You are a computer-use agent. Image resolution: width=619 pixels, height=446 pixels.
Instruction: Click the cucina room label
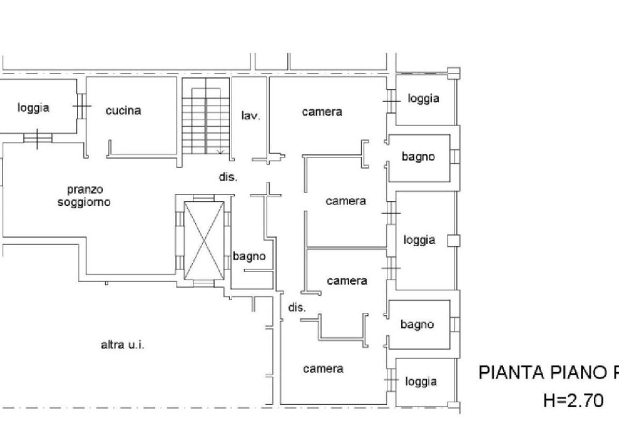tap(123, 110)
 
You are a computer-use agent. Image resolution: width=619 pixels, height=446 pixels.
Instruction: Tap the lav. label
tap(251, 116)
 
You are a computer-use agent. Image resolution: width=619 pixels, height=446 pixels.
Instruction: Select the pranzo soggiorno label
tap(84, 196)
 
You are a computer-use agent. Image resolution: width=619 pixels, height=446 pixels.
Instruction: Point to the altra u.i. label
tap(122, 345)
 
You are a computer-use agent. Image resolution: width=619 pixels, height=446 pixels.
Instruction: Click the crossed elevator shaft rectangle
tap(204, 241)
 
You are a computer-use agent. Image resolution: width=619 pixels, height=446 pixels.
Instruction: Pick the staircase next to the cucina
tap(206, 116)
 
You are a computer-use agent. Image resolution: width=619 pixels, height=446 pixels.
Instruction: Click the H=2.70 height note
tap(574, 401)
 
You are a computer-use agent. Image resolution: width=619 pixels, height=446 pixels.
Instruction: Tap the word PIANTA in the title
tap(511, 373)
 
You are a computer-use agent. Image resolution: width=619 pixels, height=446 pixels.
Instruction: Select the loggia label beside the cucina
tap(34, 108)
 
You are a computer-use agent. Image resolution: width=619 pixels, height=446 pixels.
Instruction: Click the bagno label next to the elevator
tap(249, 257)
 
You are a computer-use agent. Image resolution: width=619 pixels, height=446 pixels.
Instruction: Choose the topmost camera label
tap(322, 111)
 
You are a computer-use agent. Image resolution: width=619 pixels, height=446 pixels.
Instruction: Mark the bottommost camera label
tap(323, 369)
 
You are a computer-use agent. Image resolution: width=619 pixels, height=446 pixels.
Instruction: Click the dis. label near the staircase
tap(228, 177)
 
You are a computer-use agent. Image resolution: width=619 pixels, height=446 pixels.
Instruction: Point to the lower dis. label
tap(297, 308)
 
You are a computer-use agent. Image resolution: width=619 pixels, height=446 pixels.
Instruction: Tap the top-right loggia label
tap(423, 99)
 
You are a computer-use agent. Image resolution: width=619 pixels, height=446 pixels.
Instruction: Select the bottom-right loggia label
tap(421, 382)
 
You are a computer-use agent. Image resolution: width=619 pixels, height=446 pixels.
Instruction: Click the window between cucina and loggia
tap(82, 106)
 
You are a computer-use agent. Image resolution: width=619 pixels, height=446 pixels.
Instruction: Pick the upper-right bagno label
tap(418, 157)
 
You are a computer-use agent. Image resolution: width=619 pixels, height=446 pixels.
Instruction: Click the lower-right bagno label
tap(417, 325)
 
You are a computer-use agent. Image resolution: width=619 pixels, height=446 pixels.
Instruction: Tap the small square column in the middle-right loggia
tap(454, 241)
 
